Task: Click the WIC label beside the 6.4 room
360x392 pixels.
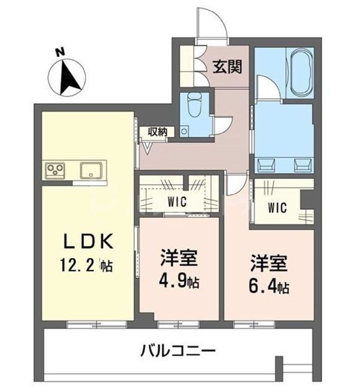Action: (277, 207)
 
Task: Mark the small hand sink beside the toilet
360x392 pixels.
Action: (185, 131)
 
